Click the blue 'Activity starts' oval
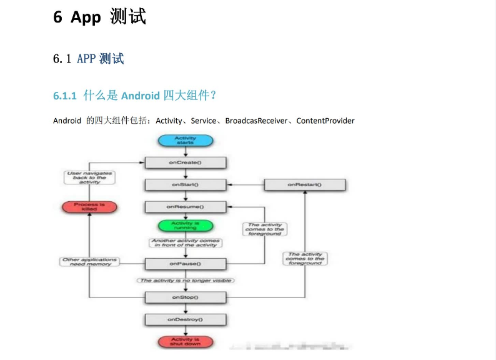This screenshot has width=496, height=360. (185, 141)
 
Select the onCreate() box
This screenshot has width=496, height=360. (185, 162)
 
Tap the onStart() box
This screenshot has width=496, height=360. (185, 185)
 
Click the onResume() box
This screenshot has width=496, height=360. (185, 206)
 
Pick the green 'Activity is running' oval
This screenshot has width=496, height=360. (185, 225)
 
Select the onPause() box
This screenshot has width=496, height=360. (185, 264)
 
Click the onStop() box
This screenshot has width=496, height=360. (185, 297)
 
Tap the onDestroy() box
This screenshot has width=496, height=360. (185, 319)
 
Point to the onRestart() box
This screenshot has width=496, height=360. (305, 185)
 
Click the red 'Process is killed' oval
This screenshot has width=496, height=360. (90, 206)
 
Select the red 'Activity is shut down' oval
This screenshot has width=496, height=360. (185, 342)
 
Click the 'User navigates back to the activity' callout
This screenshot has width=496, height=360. (90, 177)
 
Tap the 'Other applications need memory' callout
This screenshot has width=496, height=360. (90, 262)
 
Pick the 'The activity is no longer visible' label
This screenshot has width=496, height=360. (186, 281)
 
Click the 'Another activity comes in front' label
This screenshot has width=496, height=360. (186, 243)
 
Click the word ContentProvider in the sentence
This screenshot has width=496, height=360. (325, 121)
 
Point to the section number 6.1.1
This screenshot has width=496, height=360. (64, 96)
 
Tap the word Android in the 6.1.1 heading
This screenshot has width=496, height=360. (140, 96)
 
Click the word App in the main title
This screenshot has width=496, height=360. (86, 17)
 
